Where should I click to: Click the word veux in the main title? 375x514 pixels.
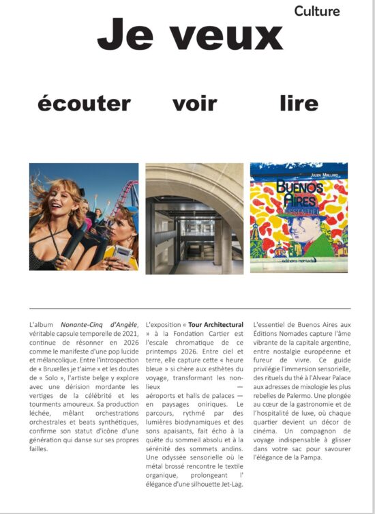[x=217, y=33]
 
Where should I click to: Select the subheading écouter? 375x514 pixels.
[x=84, y=104]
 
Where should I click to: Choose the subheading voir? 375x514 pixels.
[x=194, y=104]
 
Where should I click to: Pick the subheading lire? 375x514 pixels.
[x=299, y=104]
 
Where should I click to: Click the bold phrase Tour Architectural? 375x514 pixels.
[x=215, y=323]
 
